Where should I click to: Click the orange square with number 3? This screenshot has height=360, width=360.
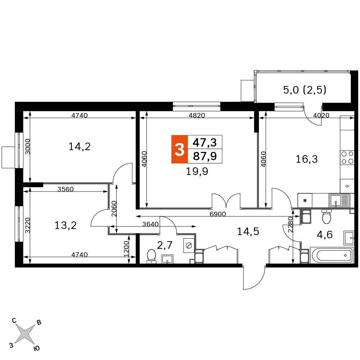(180, 149)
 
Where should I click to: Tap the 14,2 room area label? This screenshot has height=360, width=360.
(80, 147)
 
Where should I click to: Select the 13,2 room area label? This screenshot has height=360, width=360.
(66, 225)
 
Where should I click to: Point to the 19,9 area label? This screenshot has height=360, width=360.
(197, 171)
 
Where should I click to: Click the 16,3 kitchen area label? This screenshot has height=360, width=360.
(307, 159)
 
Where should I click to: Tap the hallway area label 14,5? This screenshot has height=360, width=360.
(248, 231)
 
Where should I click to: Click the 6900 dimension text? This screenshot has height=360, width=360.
(218, 214)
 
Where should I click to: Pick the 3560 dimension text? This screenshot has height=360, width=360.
(66, 189)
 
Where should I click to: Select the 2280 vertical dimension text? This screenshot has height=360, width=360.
(291, 225)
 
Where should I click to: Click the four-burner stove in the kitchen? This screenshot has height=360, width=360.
(347, 158)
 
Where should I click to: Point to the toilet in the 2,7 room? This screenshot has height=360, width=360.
(151, 256)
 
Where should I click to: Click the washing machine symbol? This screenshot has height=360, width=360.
(189, 246)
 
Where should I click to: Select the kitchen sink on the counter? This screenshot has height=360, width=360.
(339, 201)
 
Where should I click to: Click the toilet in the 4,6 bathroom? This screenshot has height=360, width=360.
(327, 216)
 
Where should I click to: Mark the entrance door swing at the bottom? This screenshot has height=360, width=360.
(255, 278)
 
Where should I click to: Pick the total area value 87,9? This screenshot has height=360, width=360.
(205, 156)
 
